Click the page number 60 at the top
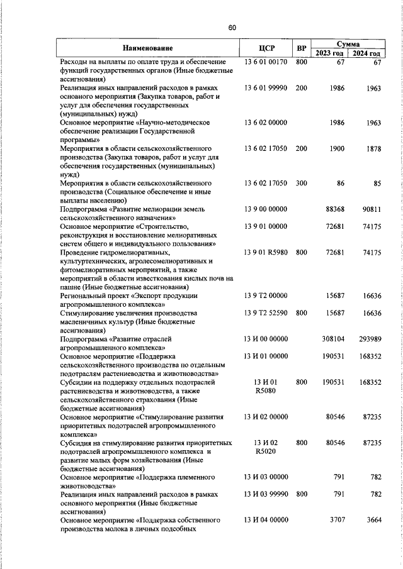coord(232,28)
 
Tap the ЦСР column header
coord(265,48)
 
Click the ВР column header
coord(302,48)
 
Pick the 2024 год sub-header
coord(366,53)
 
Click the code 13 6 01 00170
coord(265,62)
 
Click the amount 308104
coord(331,339)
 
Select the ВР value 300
coord(301,183)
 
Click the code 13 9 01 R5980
coord(265,252)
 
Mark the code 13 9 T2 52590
coord(265,312)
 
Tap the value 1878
coord(373,148)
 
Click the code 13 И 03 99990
coord(265,495)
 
